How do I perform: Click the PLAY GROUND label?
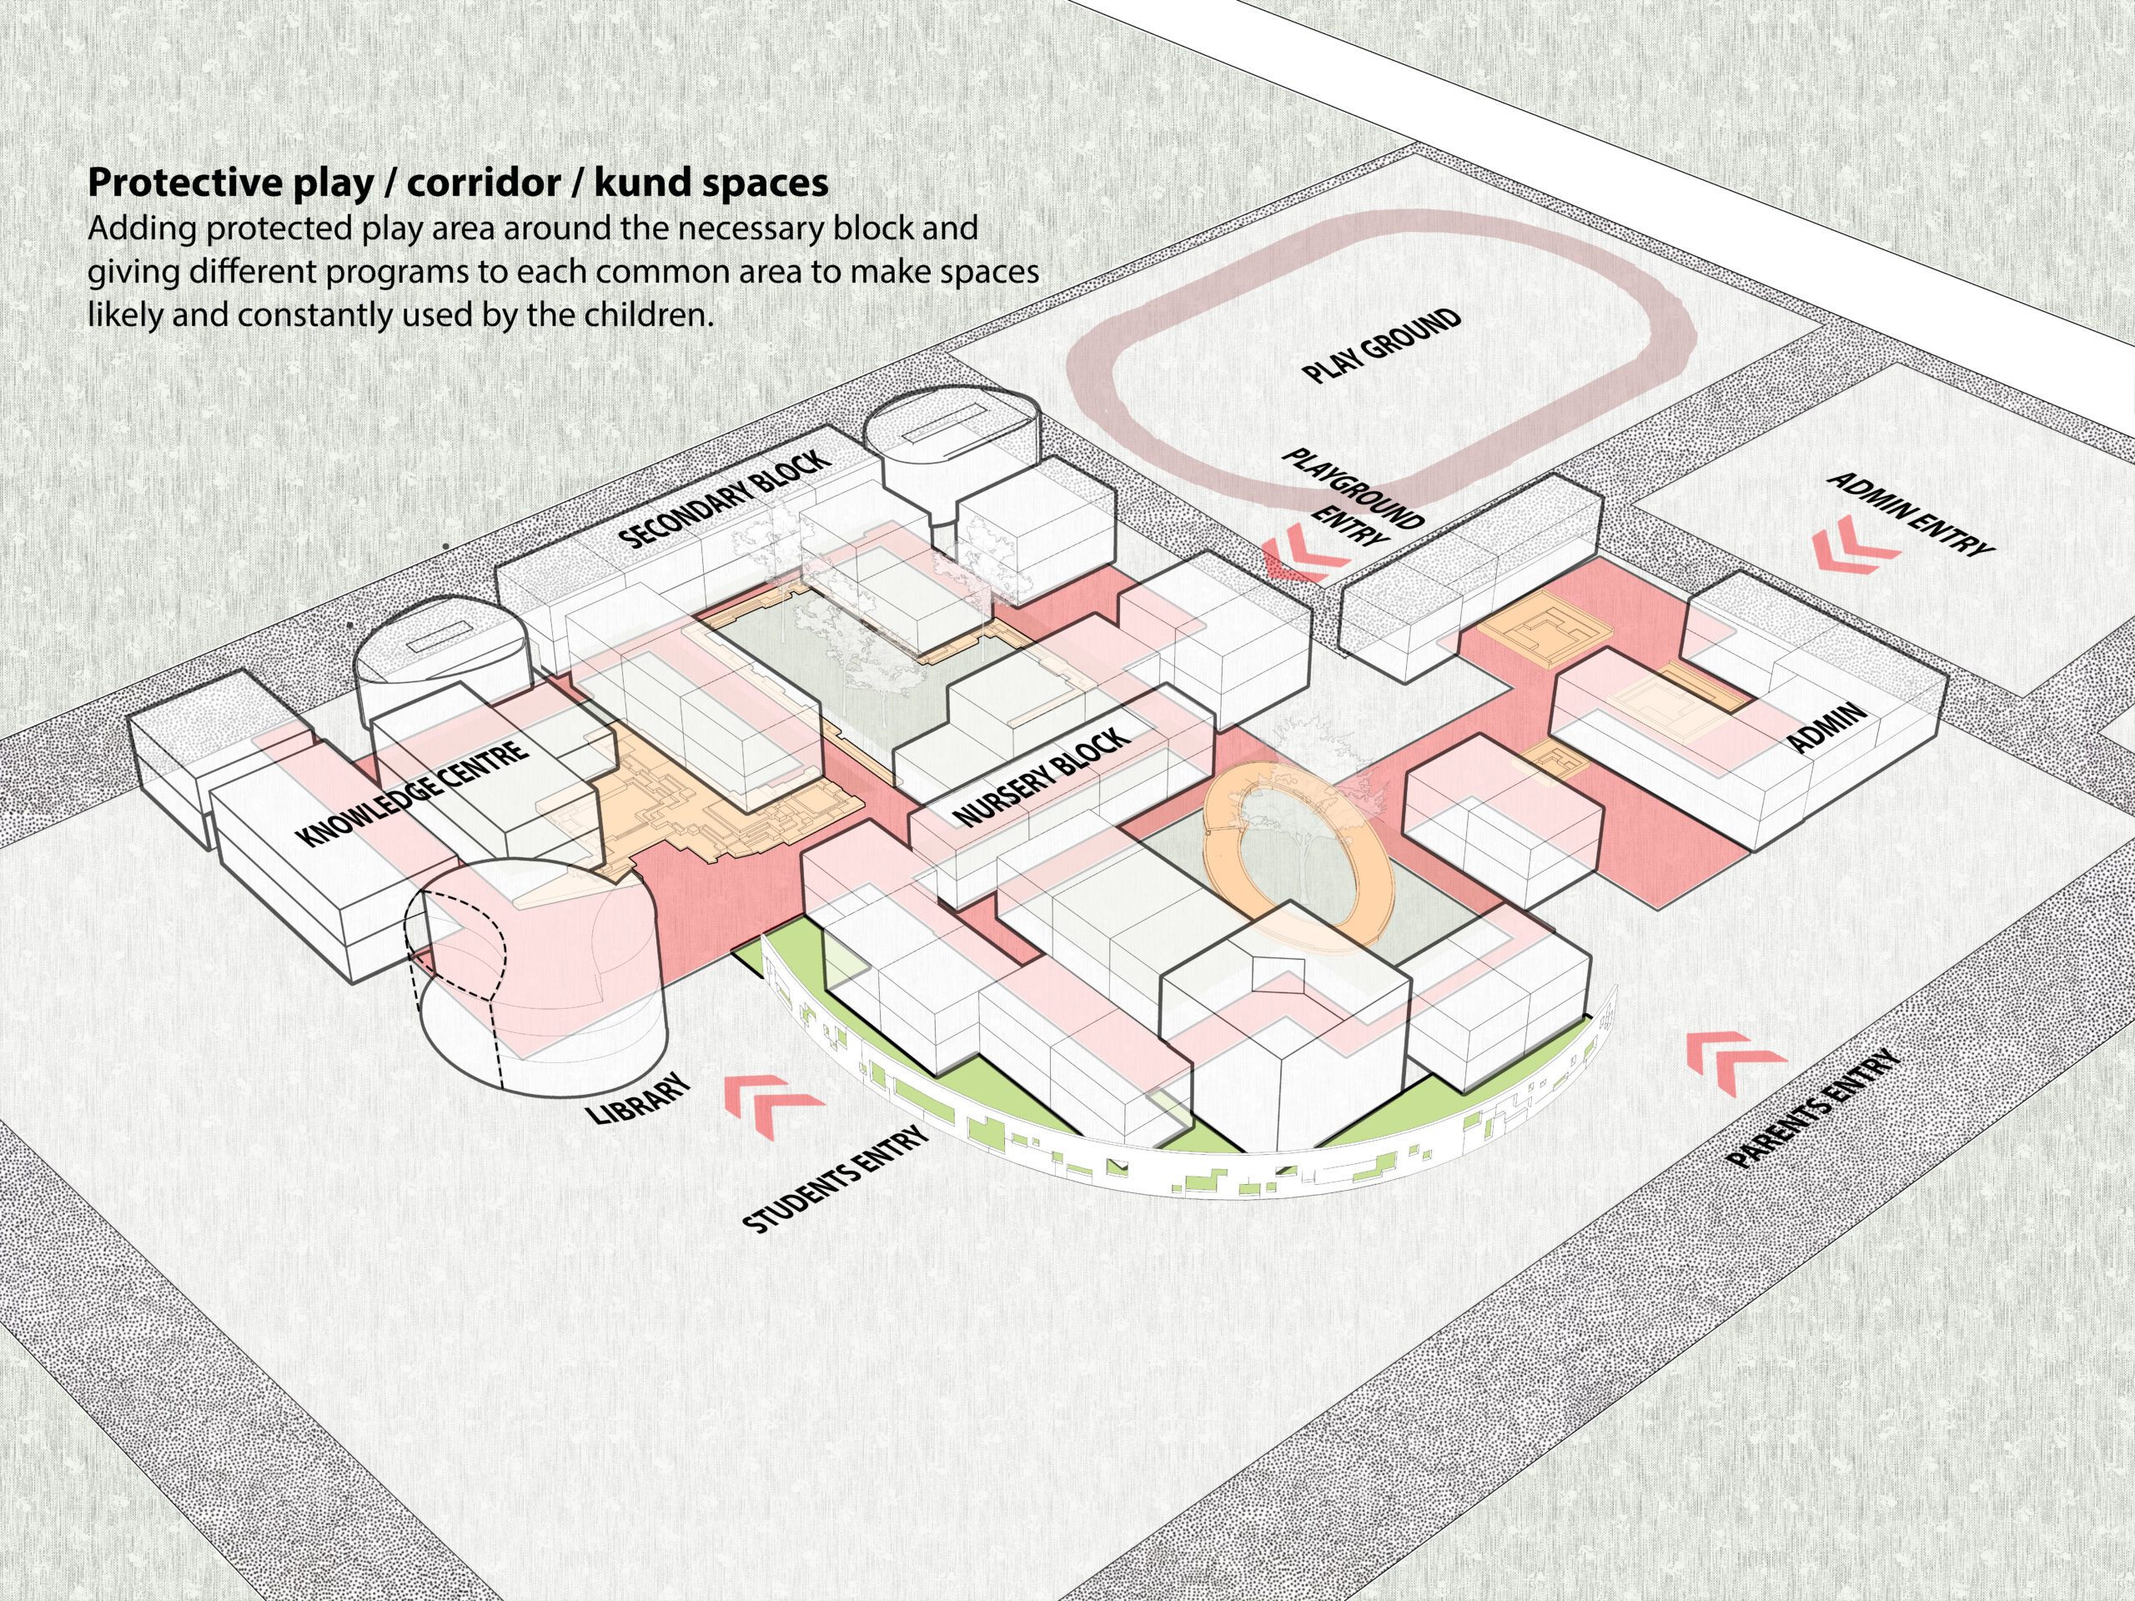[1381, 346]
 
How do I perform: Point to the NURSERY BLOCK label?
[1041, 777]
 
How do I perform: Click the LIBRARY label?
[639, 1098]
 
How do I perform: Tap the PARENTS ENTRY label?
[1812, 1109]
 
